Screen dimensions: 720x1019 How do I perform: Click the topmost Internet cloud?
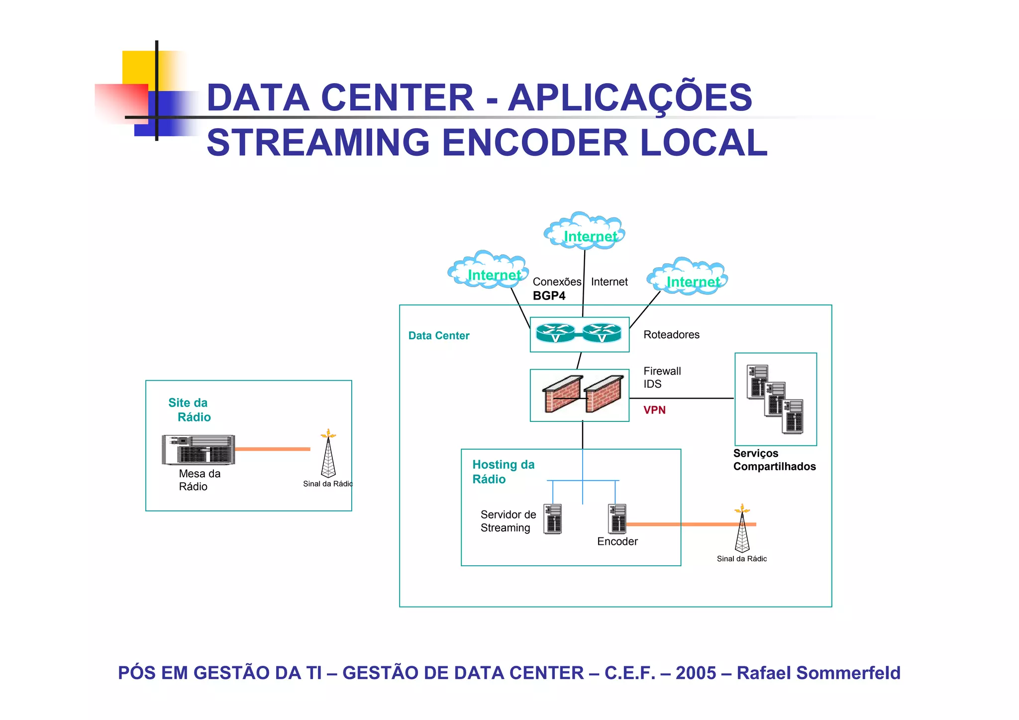coord(585,232)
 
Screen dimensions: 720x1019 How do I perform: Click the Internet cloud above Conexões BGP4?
coord(489,271)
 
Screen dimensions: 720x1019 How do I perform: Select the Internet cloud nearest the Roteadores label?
coord(688,278)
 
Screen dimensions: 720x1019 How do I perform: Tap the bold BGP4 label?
coord(549,296)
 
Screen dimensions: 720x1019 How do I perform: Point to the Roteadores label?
coord(671,335)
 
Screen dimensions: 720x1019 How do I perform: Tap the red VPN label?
coord(654,410)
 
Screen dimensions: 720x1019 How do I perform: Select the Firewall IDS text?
coord(662,378)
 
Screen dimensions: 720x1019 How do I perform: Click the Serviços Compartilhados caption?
coord(774,460)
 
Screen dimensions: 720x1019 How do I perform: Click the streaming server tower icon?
coord(553,519)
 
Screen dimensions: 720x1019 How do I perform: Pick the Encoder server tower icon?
coord(617,518)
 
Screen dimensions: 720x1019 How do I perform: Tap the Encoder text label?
coord(617,541)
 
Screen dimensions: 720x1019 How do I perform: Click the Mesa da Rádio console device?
coord(198,449)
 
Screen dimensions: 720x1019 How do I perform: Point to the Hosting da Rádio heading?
coord(503,472)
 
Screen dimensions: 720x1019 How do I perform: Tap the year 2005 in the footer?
coord(696,673)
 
